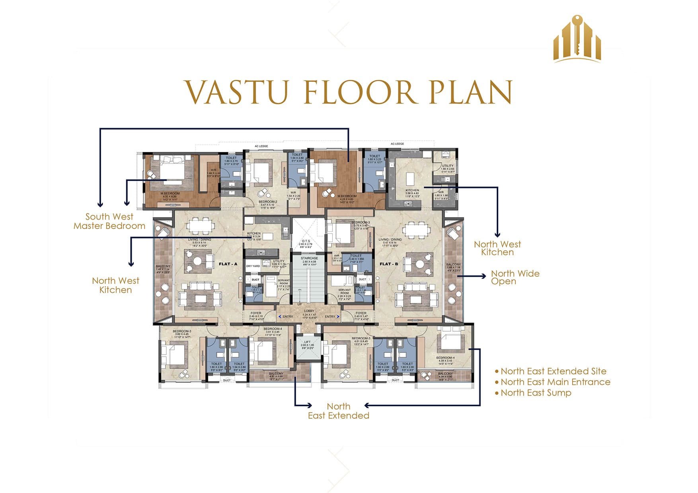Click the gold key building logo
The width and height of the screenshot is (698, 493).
577,40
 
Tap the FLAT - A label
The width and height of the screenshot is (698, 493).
228,264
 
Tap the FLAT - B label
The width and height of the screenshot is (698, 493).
389,264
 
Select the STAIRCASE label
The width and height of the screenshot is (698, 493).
309,258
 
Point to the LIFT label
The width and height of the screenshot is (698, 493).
307,342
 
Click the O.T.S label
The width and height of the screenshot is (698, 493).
306,241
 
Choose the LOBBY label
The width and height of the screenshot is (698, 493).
309,311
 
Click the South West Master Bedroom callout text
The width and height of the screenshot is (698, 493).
109,221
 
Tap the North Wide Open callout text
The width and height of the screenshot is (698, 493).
515,278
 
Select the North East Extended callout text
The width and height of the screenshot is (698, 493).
339,411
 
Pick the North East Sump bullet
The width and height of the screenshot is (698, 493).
536,393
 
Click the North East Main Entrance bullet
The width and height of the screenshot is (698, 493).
555,382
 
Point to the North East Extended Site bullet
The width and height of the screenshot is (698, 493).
553,371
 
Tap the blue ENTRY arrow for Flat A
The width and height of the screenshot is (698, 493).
280,316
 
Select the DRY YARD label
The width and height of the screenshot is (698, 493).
253,266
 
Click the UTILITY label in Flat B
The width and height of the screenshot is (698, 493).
447,166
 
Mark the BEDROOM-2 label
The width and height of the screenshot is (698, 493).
267,202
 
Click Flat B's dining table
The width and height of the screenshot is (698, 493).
416,229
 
